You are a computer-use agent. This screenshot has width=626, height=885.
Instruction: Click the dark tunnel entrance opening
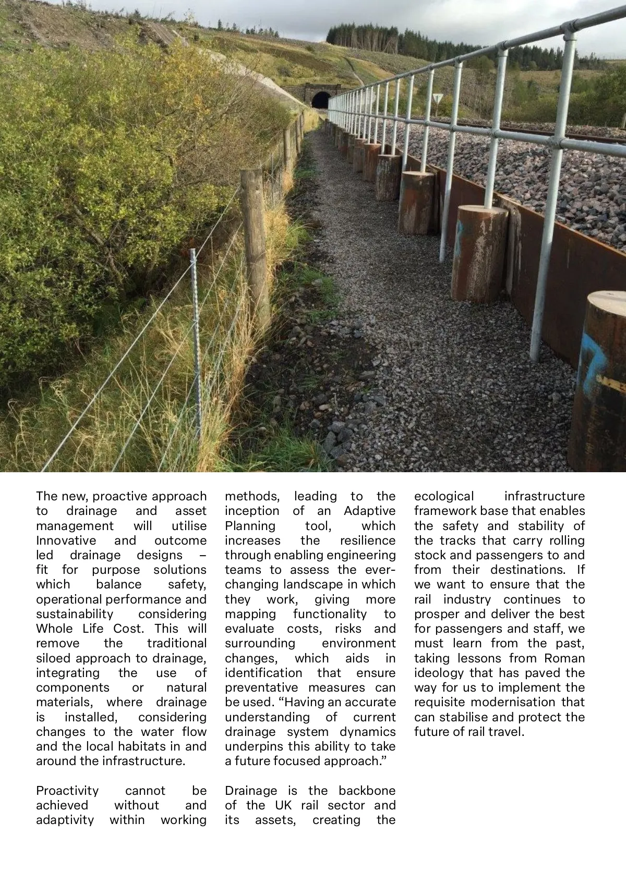tap(320, 100)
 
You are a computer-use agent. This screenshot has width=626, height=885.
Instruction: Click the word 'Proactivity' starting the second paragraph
tap(67, 791)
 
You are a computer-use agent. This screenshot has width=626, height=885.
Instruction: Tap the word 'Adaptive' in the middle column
tap(369, 511)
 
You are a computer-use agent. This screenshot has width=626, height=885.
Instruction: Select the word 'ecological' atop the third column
tap(444, 496)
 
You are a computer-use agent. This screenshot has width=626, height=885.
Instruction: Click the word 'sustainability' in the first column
tap(75, 614)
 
